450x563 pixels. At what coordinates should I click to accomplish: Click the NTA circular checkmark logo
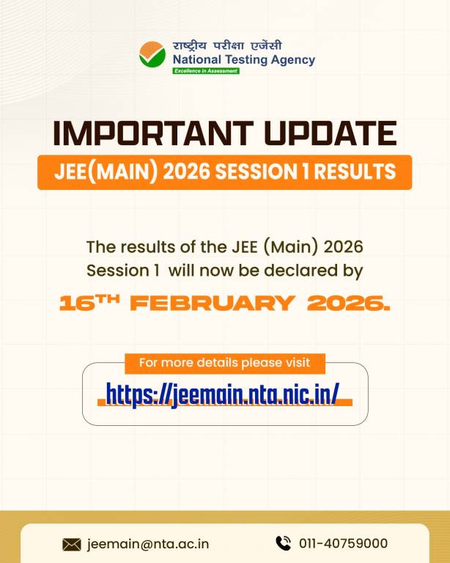(x=152, y=54)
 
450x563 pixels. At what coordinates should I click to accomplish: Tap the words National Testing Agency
(x=243, y=59)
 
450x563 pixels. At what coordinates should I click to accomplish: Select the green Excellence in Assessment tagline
(x=206, y=71)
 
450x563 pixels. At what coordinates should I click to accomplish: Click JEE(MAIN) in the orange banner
(x=98, y=172)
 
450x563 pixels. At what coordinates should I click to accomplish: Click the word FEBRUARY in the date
(x=214, y=303)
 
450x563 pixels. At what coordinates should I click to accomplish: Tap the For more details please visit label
(x=224, y=363)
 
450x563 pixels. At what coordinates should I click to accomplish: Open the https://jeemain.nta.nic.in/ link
(x=222, y=394)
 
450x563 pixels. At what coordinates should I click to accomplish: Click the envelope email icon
(x=72, y=544)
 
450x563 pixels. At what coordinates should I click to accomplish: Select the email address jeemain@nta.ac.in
(x=148, y=544)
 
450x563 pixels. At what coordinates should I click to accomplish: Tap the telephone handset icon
(x=283, y=543)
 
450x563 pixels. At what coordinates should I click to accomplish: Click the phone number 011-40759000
(x=343, y=544)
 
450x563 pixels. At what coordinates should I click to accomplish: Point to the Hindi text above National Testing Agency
(x=227, y=45)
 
